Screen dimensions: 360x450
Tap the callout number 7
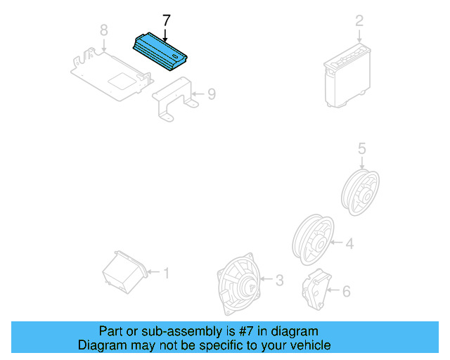[x=166, y=20]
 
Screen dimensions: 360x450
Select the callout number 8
[x=104, y=30]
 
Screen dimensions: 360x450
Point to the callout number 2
[x=359, y=20]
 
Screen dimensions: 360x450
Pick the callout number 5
[x=361, y=148]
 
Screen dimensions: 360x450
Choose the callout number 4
[x=349, y=244]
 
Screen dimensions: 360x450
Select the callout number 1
[x=166, y=272]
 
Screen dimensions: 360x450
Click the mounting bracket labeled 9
[x=173, y=101]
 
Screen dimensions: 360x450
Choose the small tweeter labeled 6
[x=316, y=289]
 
